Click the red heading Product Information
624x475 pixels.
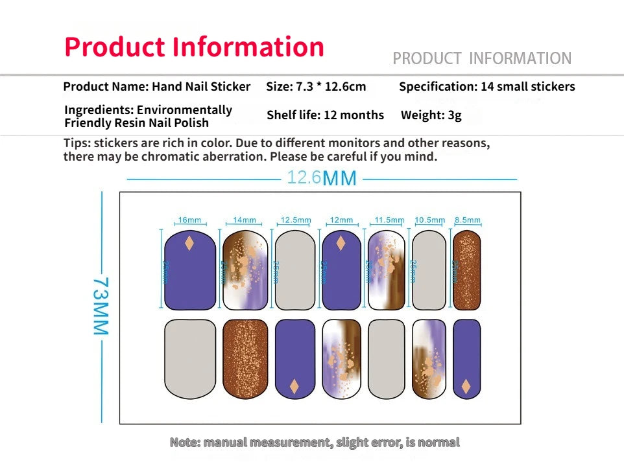click(194, 47)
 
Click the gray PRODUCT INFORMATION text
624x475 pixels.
click(482, 58)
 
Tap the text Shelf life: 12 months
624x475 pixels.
click(325, 115)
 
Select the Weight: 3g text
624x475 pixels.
click(431, 115)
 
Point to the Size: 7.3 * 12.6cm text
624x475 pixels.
click(316, 86)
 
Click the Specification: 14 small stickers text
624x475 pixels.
click(486, 86)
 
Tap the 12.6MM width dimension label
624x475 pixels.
click(322, 178)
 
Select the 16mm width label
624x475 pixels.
click(189, 220)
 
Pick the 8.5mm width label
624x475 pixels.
click(467, 220)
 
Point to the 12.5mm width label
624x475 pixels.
click(295, 220)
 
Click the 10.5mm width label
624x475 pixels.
click(429, 220)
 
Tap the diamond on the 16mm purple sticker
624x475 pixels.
click(189, 244)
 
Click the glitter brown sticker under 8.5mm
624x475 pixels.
click(467, 270)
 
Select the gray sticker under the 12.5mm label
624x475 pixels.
click(295, 270)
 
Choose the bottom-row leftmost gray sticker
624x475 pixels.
click(189, 358)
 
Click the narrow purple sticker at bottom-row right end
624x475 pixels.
click(466, 358)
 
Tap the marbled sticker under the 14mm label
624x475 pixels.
click(245, 270)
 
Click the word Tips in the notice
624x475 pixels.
click(77, 143)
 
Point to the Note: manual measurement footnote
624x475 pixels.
click(315, 443)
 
